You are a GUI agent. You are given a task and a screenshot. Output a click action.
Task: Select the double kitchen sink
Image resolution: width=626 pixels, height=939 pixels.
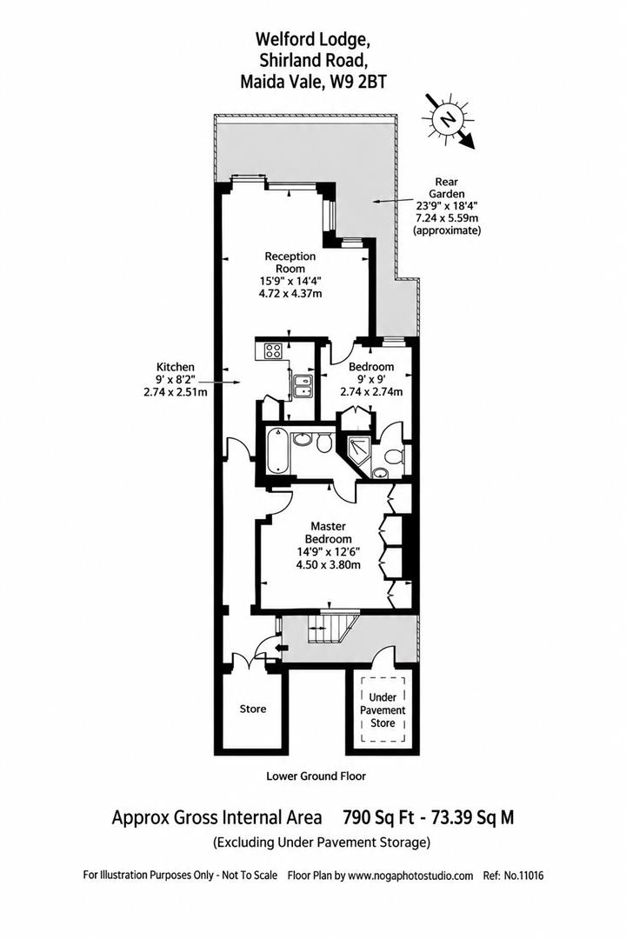[303, 386]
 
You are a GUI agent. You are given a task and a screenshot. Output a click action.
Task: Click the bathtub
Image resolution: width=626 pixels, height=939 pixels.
[277, 450]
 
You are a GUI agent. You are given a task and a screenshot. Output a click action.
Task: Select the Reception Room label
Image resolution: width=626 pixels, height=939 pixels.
[290, 263]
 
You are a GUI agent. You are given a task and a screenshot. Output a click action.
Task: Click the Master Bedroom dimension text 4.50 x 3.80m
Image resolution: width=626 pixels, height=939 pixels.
[329, 564]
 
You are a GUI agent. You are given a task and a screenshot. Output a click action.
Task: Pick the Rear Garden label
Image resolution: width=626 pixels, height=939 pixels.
[446, 188]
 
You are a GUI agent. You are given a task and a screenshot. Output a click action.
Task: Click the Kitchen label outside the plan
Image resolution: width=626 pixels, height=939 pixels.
[176, 367]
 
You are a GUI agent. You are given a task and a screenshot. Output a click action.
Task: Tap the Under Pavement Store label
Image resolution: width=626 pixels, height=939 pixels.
[383, 710]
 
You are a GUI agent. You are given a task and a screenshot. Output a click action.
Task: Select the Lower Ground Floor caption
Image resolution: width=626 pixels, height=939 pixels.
[316, 776]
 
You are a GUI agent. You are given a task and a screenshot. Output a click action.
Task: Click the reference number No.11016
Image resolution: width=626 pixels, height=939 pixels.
[523, 876]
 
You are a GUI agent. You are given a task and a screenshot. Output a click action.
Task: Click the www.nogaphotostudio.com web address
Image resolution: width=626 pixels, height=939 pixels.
[411, 876]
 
